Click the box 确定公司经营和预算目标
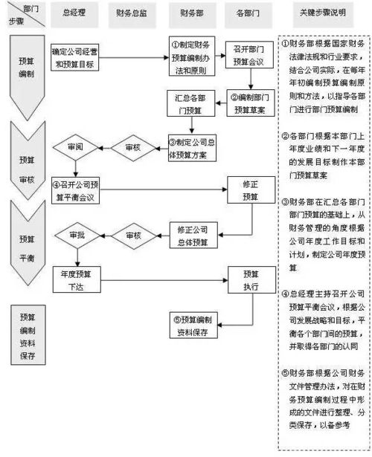tap(75, 57)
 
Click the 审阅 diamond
tap(75, 148)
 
